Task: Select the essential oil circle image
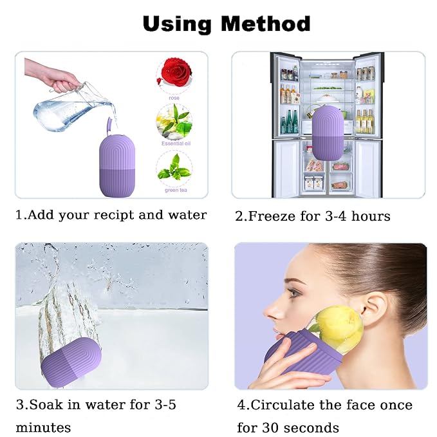(174, 122)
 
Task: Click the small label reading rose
(174, 98)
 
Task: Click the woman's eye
(295, 292)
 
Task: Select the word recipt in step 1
(113, 215)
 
